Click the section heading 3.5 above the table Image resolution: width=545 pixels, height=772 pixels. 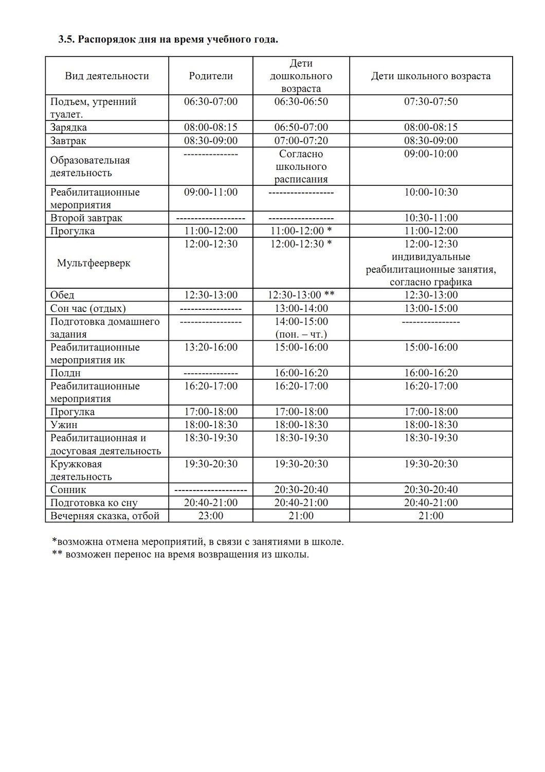pyautogui.click(x=168, y=39)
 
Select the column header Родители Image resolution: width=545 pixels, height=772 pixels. pyautogui.click(x=211, y=76)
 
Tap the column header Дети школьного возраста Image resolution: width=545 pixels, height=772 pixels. pyautogui.click(x=431, y=76)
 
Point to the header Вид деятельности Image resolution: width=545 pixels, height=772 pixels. pyautogui.click(x=107, y=76)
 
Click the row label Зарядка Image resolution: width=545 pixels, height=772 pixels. pyautogui.click(x=68, y=128)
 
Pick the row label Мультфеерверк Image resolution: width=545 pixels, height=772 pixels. pyautogui.click(x=94, y=263)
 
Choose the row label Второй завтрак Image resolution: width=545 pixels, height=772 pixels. pyautogui.click(x=86, y=218)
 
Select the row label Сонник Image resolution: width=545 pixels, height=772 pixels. pyautogui.click(x=68, y=490)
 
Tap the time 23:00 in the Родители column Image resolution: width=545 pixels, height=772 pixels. pyautogui.click(x=211, y=516)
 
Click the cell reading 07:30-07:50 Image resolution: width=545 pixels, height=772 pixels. pyautogui.click(x=431, y=101)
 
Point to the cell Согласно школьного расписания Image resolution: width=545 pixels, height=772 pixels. pyautogui.click(x=301, y=167)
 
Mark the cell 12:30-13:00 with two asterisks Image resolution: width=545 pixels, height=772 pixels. pyautogui.click(x=301, y=295)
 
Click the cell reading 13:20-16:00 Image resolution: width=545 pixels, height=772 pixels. pyautogui.click(x=211, y=347)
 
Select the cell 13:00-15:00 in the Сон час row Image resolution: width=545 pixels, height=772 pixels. pyautogui.click(x=431, y=308)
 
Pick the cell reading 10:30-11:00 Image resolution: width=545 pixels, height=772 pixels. pyautogui.click(x=431, y=218)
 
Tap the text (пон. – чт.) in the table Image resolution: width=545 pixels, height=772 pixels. pyautogui.click(x=301, y=334)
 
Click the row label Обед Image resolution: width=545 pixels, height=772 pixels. pyautogui.click(x=62, y=295)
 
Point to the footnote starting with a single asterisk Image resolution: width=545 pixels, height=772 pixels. pyautogui.click(x=198, y=542)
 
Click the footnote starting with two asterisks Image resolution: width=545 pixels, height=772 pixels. pyautogui.click(x=180, y=555)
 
